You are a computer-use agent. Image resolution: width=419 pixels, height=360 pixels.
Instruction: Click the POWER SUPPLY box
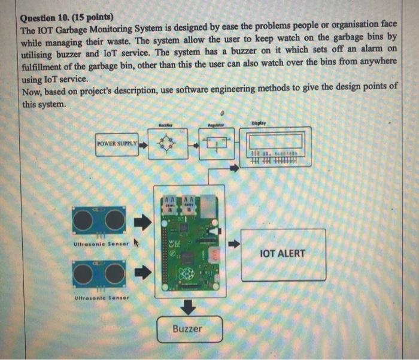point(117,144)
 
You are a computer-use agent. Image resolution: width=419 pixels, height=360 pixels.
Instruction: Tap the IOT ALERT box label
point(283,253)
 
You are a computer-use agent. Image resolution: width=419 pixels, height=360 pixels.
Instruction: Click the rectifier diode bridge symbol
point(166,144)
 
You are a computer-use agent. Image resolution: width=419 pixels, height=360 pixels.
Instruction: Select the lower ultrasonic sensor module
point(99,273)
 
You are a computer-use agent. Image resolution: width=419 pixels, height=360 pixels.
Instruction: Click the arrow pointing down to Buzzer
point(189,307)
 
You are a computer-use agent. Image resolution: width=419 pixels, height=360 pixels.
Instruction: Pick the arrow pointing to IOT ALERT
point(233,244)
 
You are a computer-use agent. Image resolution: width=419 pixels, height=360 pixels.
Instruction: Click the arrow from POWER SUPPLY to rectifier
point(143,144)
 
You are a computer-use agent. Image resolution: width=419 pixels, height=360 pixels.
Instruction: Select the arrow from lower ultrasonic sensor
point(141,273)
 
